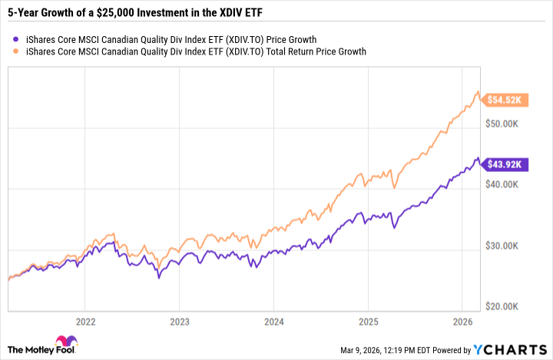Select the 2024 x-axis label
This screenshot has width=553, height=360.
click(x=273, y=321)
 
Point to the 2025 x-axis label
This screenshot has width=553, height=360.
click(x=368, y=321)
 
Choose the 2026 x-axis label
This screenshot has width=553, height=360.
click(x=462, y=321)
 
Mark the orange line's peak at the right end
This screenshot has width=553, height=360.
click(x=478, y=92)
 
